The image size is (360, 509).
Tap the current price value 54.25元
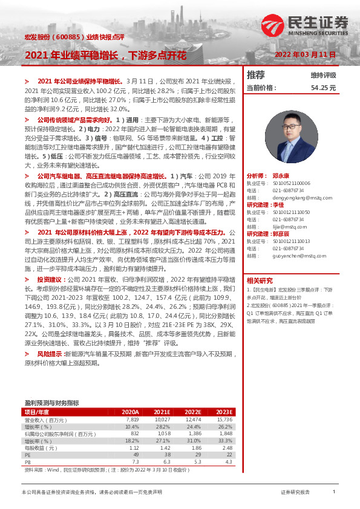click(323, 88)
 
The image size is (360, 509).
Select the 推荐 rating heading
click(256, 75)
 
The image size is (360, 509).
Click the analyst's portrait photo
click(292, 138)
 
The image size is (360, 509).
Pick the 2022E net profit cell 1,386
click(193, 433)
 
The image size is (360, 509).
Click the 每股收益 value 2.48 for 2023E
click(227, 448)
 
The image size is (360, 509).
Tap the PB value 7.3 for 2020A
click(136, 462)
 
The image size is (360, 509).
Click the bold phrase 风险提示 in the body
click(50, 353)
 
